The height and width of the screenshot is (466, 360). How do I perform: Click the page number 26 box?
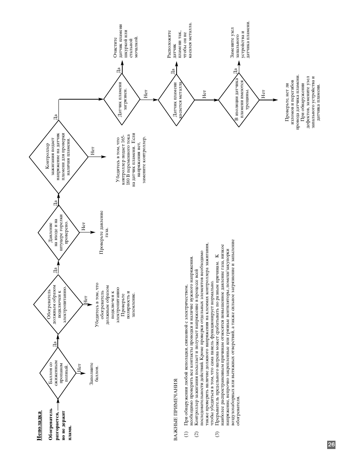(331, 444)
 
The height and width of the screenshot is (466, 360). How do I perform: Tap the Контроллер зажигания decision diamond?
(58, 157)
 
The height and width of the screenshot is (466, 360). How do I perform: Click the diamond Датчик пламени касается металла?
(176, 100)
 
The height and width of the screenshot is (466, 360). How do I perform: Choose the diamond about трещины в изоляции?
(239, 100)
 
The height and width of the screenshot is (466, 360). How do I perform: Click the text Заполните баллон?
(94, 374)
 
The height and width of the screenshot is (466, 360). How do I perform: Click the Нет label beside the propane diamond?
(79, 369)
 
